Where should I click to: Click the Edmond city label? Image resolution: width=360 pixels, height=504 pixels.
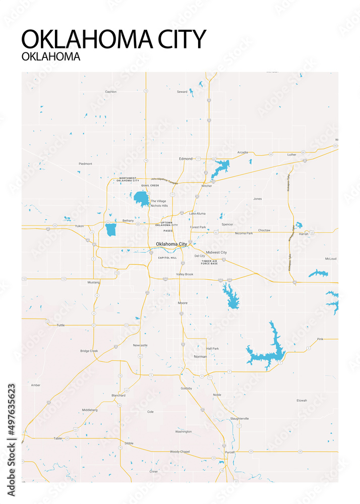[186, 159]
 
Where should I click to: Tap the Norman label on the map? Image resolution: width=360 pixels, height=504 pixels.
[200, 356]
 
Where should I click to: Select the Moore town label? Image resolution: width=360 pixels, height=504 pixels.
[183, 303]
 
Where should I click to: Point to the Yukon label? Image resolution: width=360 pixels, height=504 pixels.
[79, 226]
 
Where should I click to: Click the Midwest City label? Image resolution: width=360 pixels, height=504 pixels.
[216, 252]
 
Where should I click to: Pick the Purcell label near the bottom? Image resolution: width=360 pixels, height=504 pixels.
[229, 452]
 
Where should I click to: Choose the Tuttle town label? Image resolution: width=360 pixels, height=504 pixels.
[61, 325]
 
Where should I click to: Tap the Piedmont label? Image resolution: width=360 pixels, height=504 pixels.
[85, 164]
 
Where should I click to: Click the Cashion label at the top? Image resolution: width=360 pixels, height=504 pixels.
[110, 92]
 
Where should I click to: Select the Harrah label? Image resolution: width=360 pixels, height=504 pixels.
[303, 234]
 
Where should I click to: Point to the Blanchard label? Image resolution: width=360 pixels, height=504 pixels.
[118, 396]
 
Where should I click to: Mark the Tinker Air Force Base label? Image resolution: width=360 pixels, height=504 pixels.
[209, 262]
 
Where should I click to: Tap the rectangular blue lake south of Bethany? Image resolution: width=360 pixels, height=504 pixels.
[111, 229]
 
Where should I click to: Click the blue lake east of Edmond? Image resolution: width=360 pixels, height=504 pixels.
[220, 167]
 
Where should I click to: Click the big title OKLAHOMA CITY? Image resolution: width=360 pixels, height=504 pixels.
[114, 39]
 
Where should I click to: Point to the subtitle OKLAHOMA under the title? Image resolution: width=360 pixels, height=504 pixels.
[51, 56]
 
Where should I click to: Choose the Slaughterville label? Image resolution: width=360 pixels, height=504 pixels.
[239, 418]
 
